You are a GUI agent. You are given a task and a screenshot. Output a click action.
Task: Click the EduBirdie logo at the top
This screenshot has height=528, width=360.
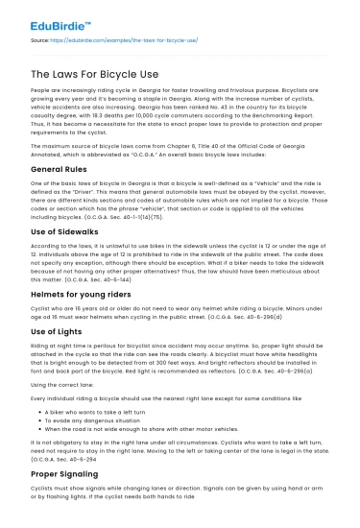pos(60,20)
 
